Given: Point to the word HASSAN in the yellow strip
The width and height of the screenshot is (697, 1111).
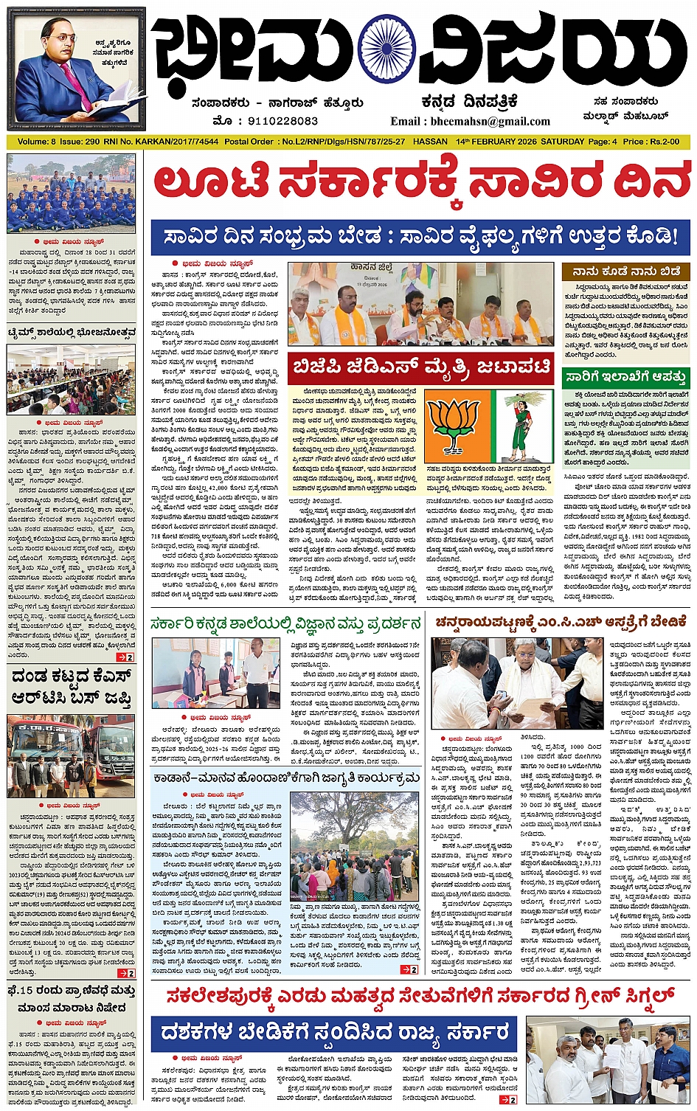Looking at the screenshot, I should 430,141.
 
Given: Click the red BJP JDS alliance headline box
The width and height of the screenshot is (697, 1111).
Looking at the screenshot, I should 420,367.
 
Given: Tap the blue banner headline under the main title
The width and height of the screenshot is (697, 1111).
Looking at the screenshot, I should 420,237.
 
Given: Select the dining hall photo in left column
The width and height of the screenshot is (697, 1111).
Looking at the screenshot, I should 71,380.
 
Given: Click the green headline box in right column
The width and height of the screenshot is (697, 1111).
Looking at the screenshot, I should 626,377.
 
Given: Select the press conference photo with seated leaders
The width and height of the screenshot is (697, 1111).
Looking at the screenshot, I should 420,304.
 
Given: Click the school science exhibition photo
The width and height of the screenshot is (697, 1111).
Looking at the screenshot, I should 215,673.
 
